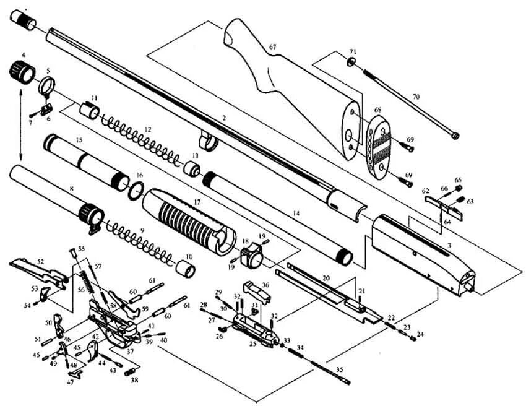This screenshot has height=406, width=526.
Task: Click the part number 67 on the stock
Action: [273, 47]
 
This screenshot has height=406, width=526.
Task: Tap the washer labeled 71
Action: [351, 62]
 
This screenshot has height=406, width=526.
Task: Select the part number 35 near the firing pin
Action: [338, 369]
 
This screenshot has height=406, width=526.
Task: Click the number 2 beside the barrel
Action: [224, 117]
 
